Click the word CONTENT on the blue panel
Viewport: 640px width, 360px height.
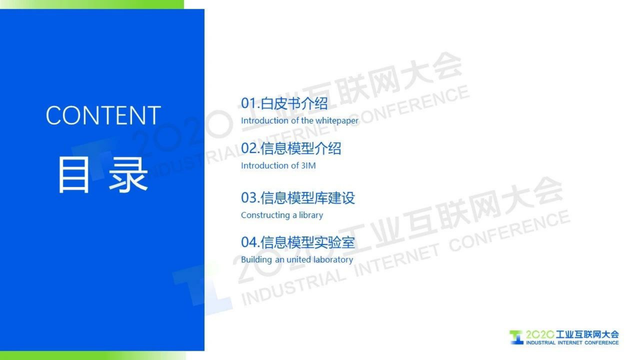click(x=103, y=115)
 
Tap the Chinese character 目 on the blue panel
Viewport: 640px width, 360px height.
click(x=73, y=175)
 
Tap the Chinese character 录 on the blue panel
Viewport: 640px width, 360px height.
click(x=128, y=175)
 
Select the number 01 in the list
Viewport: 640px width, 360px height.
click(x=249, y=103)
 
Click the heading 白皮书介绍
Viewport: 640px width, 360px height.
click(x=294, y=103)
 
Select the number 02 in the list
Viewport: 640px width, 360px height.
click(x=249, y=149)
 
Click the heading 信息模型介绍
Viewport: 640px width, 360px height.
click(x=301, y=149)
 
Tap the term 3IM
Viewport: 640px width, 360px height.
click(x=309, y=165)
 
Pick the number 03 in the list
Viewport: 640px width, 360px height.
click(x=249, y=198)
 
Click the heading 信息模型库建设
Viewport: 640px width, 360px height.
click(x=308, y=198)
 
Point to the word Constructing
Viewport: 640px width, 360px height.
click(x=265, y=215)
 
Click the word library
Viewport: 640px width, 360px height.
click(x=311, y=215)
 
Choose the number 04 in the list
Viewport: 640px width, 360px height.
click(x=249, y=242)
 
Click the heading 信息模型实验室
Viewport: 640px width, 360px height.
click(x=308, y=242)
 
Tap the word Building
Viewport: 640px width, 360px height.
click(x=256, y=260)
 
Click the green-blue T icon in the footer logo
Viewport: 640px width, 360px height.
click(x=516, y=337)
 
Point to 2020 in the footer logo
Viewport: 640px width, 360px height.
click(x=540, y=335)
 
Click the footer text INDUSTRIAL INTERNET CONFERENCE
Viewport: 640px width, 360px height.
click(x=572, y=343)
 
